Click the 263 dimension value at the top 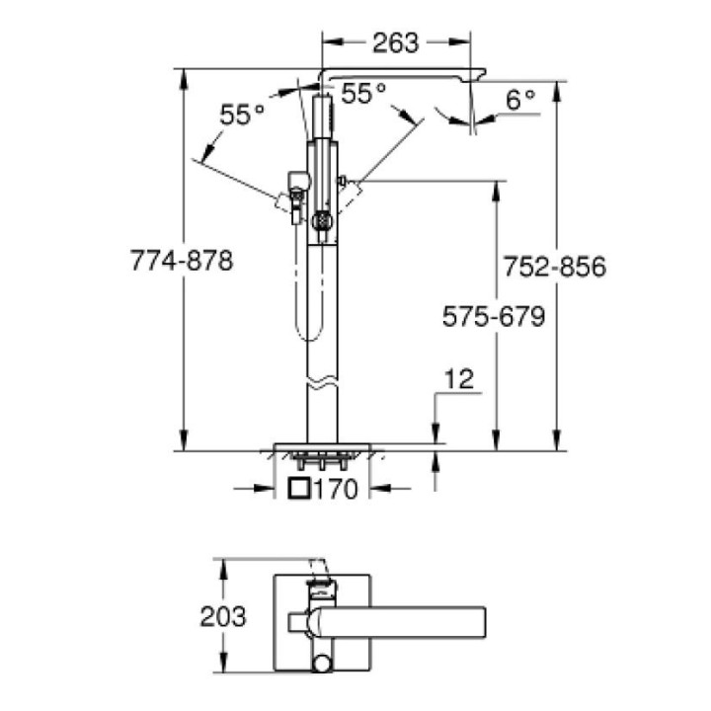coord(397,42)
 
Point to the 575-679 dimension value coord(494,316)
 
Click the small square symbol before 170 coord(299,487)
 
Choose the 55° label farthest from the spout coord(242,115)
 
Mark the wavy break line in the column coord(322,380)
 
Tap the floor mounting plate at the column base coord(322,446)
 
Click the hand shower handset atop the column coord(322,118)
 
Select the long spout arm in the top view coord(405,621)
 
